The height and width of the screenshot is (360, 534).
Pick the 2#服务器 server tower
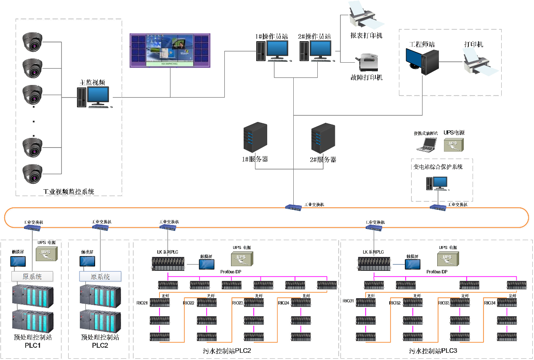pyautogui.click(x=323, y=138)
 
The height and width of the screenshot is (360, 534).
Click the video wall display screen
pyautogui.click(x=170, y=50)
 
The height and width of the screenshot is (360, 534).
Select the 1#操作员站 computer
pyautogui.click(x=272, y=51)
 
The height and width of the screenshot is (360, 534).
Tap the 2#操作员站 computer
pyautogui.click(x=315, y=51)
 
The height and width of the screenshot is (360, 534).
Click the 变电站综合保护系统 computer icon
pyautogui.click(x=437, y=183)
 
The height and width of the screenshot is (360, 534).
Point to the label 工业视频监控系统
pyautogui.click(x=69, y=192)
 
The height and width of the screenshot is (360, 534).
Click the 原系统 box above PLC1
pyautogui.click(x=32, y=276)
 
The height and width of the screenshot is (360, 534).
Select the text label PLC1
pyautogui.click(x=32, y=346)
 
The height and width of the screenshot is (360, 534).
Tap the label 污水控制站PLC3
pyautogui.click(x=433, y=350)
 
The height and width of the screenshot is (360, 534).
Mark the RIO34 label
pyautogui.click(x=490, y=303)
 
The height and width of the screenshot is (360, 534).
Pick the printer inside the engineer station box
pyautogui.click(x=481, y=62)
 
